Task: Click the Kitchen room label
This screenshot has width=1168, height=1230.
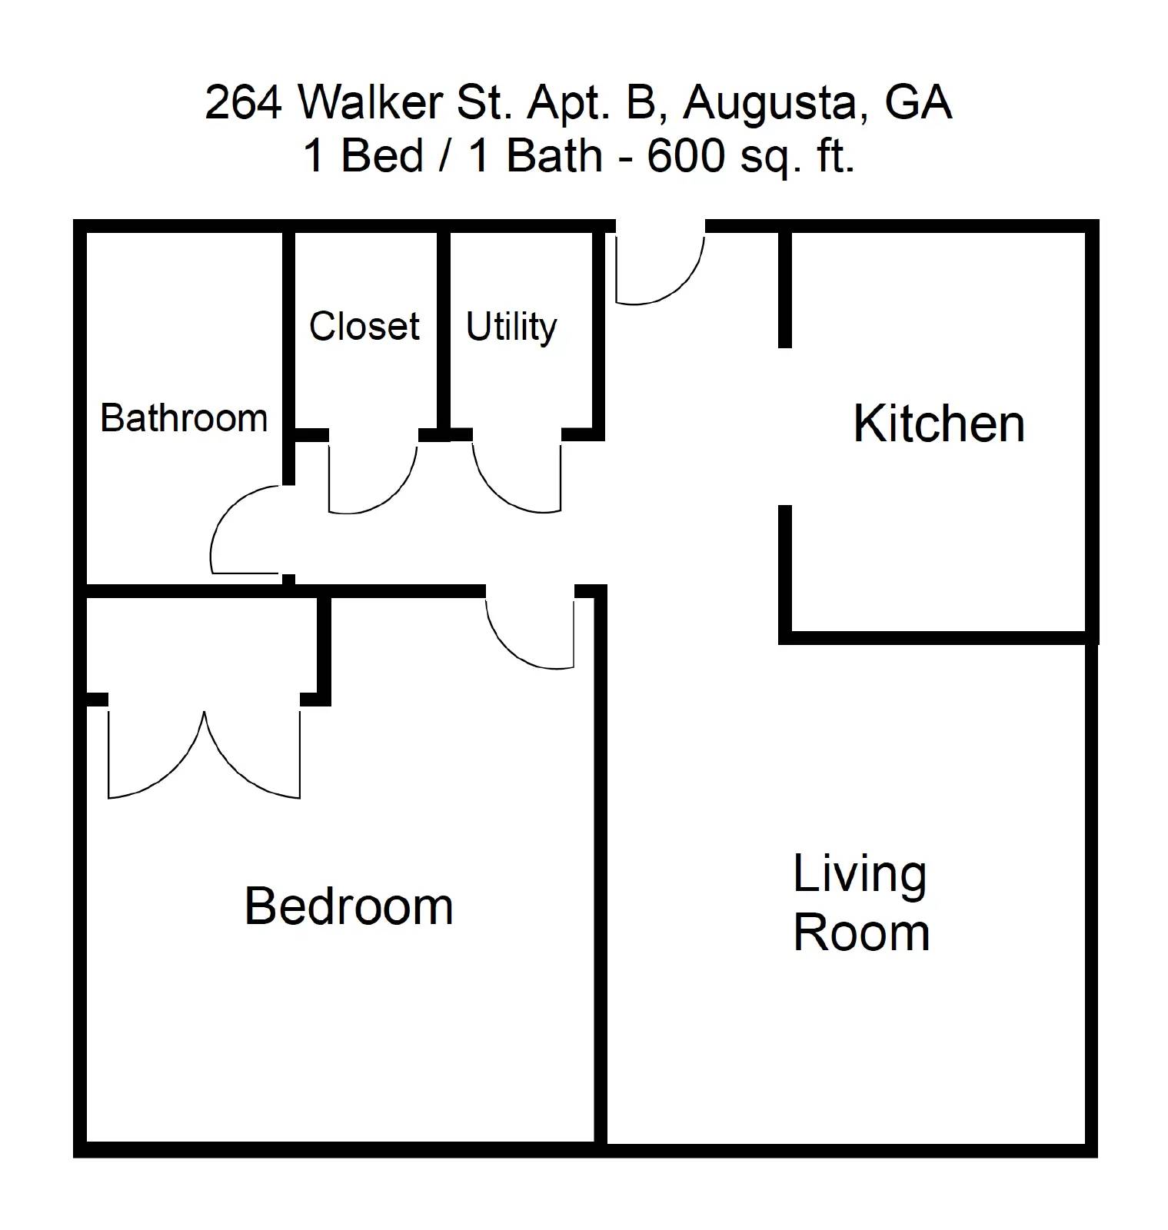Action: coord(938,424)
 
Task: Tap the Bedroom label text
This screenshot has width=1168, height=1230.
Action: coord(348,906)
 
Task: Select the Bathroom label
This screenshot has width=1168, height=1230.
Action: coord(184,419)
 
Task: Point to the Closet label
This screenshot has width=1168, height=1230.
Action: coord(364,326)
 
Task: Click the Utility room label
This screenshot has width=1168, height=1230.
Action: coord(511,327)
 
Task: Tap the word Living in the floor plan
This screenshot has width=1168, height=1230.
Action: coord(859,875)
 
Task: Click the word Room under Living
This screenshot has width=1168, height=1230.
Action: coord(860,933)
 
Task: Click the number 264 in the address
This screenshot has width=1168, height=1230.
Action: coord(243,102)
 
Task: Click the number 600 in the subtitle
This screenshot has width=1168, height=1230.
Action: coord(685,156)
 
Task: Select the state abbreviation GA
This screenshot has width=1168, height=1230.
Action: coord(918,102)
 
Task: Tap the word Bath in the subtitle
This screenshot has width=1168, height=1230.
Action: coord(554,156)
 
